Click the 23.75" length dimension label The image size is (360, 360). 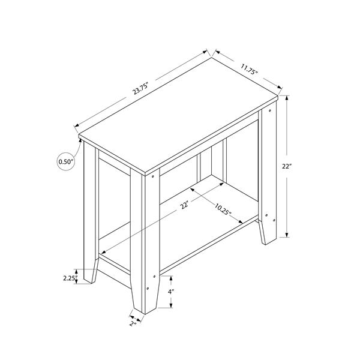(x=141, y=88)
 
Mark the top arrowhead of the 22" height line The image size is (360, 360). (x=289, y=97)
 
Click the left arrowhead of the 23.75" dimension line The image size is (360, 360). (x=76, y=126)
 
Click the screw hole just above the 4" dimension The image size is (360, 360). (x=155, y=277)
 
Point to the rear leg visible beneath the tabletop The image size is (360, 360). (x=205, y=162)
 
